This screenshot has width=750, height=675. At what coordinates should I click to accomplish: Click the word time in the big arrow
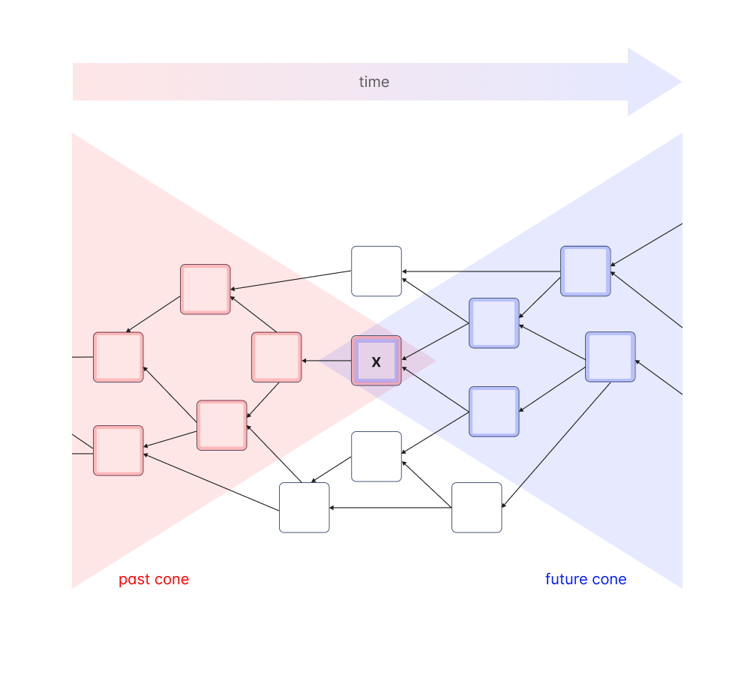point(373,82)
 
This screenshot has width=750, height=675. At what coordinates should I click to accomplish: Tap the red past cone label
point(154,579)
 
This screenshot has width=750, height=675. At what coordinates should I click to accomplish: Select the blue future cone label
point(586,579)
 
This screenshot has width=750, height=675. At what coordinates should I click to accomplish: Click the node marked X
point(376,361)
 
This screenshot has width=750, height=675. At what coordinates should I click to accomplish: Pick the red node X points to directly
point(277,358)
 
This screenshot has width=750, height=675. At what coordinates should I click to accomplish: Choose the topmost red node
point(205,289)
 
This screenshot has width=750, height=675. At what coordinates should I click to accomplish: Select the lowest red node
point(118,451)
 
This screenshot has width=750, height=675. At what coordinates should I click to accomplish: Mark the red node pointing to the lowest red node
point(222,425)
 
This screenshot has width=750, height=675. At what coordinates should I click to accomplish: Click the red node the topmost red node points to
point(118,358)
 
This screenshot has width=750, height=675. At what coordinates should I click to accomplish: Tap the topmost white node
point(376,271)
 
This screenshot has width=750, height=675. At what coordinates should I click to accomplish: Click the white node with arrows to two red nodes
point(304,508)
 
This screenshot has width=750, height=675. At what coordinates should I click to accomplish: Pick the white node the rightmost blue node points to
point(477,508)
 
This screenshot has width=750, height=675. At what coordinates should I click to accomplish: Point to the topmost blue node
point(586,271)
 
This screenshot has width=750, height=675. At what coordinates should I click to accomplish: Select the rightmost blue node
point(610,357)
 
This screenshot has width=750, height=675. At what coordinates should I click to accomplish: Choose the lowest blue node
point(494,412)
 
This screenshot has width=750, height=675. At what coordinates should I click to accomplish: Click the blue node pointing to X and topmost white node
point(494,323)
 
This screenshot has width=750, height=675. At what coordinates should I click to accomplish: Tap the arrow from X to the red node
point(327,361)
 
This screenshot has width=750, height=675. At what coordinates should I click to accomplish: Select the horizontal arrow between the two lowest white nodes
point(391,508)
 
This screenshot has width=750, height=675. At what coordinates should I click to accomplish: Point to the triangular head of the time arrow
point(652,82)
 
